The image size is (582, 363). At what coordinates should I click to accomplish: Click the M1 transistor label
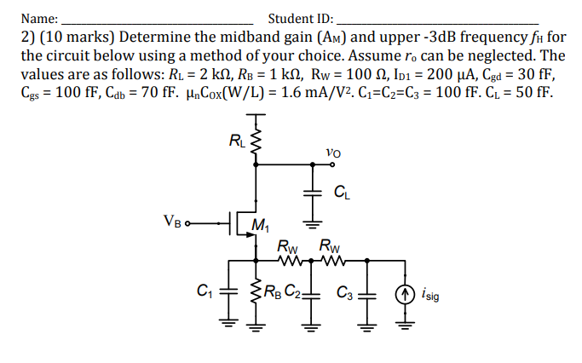click(261, 228)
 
